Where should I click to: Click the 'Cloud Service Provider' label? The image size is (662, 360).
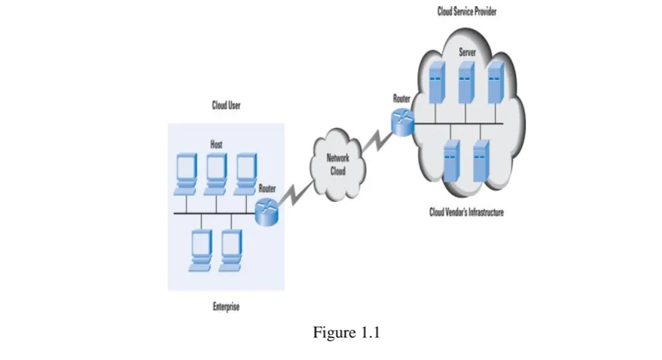[466, 11]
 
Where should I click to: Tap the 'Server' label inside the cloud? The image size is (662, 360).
[468, 52]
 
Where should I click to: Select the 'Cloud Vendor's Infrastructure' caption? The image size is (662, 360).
[466, 212]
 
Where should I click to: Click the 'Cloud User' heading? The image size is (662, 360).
[226, 105]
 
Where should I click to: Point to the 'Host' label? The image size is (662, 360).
[216, 145]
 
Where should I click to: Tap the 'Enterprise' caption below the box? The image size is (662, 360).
[226, 307]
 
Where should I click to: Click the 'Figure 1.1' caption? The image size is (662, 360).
[346, 333]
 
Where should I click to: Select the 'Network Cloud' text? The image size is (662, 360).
[337, 164]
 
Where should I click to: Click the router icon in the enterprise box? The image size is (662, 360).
[267, 212]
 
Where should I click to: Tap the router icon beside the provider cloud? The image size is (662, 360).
[403, 123]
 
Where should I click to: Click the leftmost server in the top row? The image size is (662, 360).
[437, 82]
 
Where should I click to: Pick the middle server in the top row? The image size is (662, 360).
[466, 82]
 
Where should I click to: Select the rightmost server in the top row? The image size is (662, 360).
[496, 82]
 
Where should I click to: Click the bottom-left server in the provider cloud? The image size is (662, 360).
[451, 161]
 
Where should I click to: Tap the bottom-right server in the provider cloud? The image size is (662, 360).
[481, 161]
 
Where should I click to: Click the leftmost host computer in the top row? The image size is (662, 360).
[185, 174]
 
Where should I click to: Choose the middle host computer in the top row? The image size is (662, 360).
[215, 174]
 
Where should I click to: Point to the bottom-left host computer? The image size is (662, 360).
[200, 251]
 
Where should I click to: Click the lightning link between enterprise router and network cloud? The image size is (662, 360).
[297, 194]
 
